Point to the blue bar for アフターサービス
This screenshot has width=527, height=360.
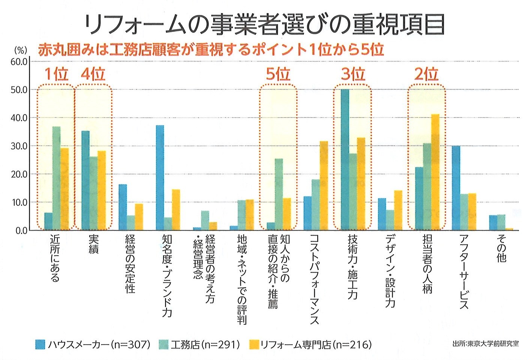(x=456, y=188)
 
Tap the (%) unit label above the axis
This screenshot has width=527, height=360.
(x=21, y=50)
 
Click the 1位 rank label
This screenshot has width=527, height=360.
(x=56, y=74)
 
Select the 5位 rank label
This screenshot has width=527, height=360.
(x=278, y=74)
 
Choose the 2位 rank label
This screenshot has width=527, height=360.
(x=426, y=74)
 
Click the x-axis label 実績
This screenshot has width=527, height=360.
(x=93, y=244)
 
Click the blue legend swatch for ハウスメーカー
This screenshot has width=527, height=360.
(x=40, y=344)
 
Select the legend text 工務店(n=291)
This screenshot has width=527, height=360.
(x=205, y=344)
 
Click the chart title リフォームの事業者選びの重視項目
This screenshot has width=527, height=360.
(x=264, y=26)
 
